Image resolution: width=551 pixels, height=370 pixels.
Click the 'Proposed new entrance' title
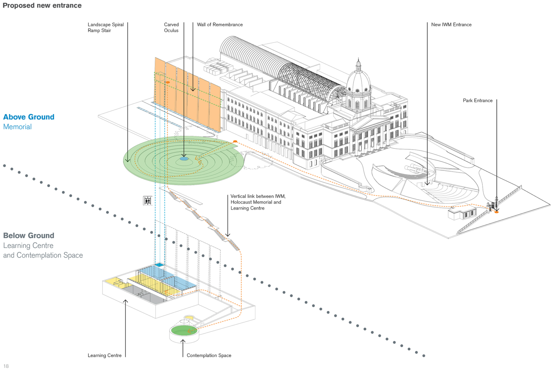(x=42, y=6)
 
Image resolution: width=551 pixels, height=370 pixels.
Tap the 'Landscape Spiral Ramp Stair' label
(x=105, y=28)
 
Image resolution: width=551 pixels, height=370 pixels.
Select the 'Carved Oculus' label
(x=171, y=28)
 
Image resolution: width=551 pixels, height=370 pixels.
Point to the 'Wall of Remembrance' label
(x=220, y=25)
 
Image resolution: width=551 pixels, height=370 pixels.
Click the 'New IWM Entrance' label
(x=451, y=25)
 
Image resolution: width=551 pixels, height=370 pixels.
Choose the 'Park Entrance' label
(x=477, y=101)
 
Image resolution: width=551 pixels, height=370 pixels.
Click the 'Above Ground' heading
(x=29, y=117)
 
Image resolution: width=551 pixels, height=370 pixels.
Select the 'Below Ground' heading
(x=29, y=236)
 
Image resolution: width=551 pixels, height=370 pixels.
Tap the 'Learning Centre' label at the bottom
(x=104, y=356)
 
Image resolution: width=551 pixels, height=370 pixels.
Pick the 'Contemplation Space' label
(x=209, y=356)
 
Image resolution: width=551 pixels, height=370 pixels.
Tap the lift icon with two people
(x=147, y=201)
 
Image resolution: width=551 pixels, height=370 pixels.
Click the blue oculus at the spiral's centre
(x=184, y=159)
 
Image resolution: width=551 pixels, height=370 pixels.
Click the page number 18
(x=6, y=366)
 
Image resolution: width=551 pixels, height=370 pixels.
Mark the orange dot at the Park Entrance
(x=496, y=212)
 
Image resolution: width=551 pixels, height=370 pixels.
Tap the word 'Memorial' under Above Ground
(x=18, y=127)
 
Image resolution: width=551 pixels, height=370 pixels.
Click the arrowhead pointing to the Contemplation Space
(x=183, y=341)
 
